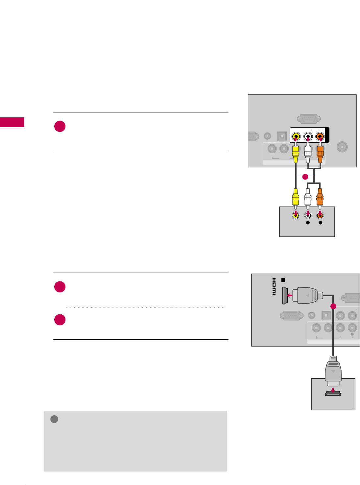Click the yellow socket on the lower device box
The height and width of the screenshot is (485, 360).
(296, 216)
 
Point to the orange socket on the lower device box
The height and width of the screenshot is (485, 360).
(320, 216)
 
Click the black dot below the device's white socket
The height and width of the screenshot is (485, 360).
(308, 223)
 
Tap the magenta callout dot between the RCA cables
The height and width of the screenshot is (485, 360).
(305, 177)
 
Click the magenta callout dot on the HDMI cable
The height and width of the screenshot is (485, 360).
(333, 306)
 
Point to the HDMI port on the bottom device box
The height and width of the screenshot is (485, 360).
(333, 393)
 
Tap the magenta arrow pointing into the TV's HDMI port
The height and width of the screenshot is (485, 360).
(289, 295)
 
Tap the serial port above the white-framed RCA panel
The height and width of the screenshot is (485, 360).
(308, 118)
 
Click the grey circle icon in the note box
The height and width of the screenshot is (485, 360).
(54, 419)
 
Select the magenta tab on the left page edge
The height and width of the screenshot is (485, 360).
(12, 122)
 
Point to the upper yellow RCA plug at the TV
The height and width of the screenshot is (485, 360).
(296, 153)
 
